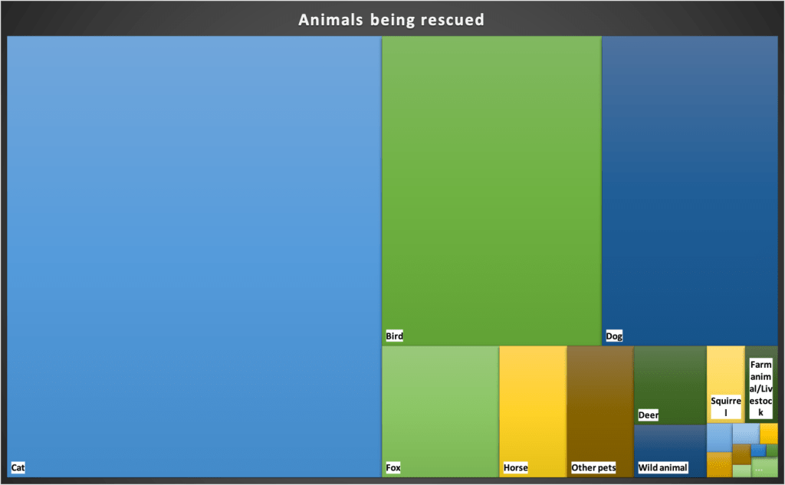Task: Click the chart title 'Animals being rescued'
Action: point(392,19)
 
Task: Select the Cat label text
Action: point(18,467)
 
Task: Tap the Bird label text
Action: point(394,336)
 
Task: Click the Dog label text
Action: point(614,336)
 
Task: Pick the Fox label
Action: point(393,467)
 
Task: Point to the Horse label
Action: point(515,467)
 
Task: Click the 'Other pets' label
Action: point(593,467)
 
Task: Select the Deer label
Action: point(648,415)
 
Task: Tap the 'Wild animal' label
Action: point(662,467)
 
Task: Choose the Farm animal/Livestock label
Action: point(761,388)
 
